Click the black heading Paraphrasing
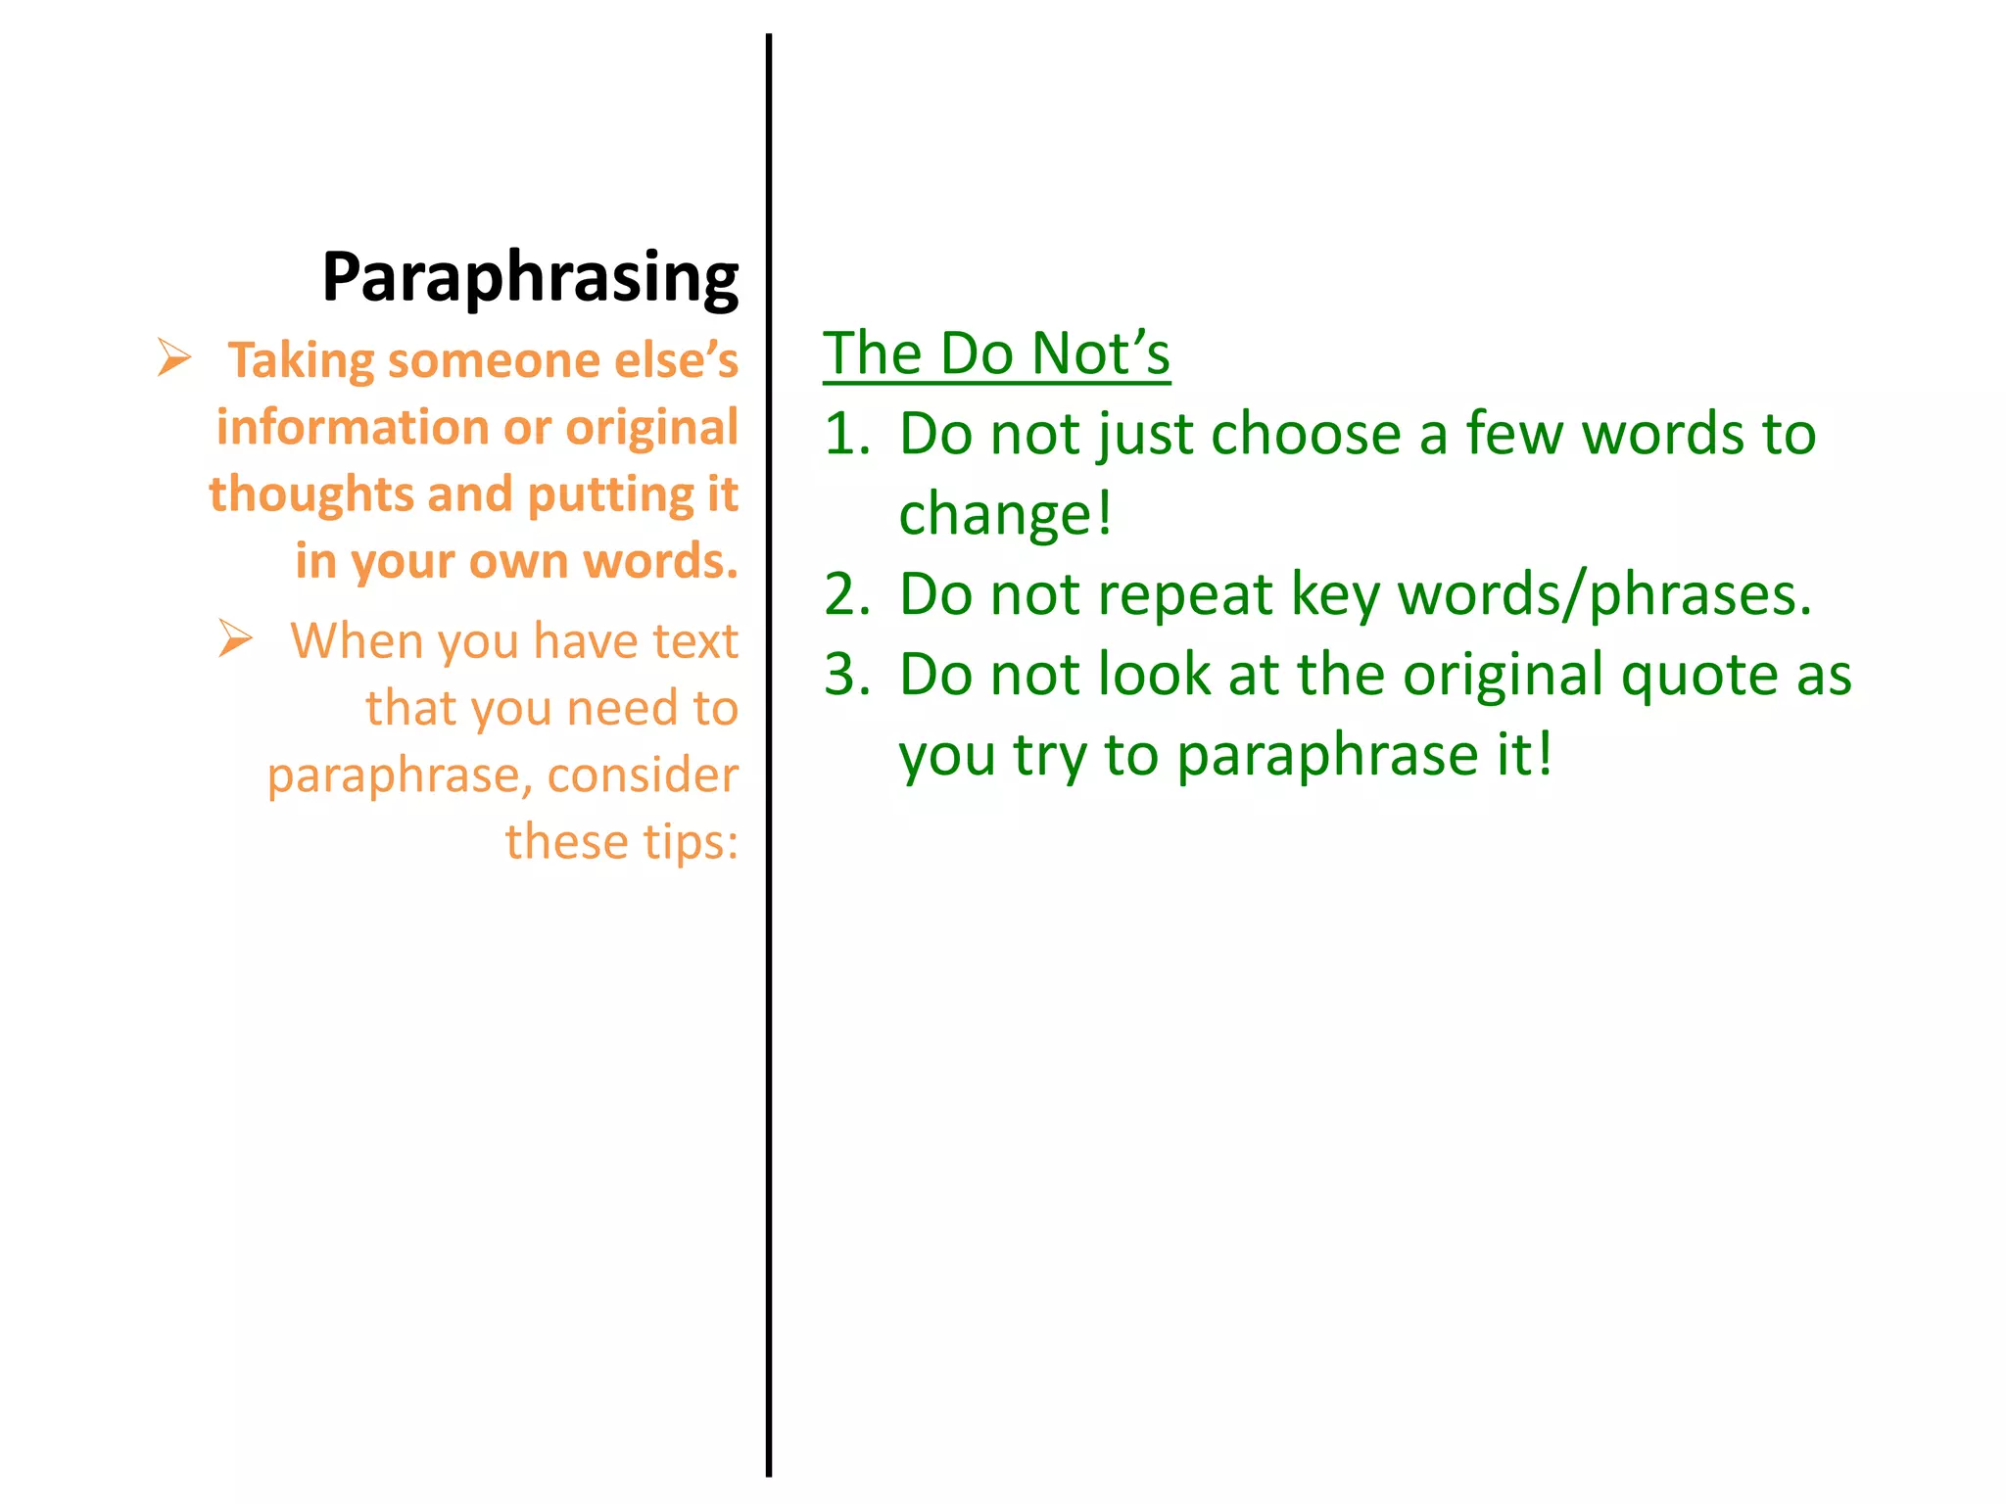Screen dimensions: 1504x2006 [x=530, y=278]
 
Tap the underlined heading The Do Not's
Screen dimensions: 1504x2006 [x=996, y=353]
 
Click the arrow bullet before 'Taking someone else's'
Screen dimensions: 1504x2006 [x=174, y=357]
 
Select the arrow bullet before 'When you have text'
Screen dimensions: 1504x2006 [x=235, y=638]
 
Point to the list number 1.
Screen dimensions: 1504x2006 [x=846, y=434]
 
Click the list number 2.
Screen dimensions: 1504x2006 [x=846, y=594]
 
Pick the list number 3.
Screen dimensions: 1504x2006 [x=846, y=675]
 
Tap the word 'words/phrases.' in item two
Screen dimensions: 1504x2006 [x=1604, y=594]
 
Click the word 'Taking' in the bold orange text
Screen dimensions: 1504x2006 [x=301, y=361]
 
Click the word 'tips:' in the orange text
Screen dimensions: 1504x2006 [x=691, y=842]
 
